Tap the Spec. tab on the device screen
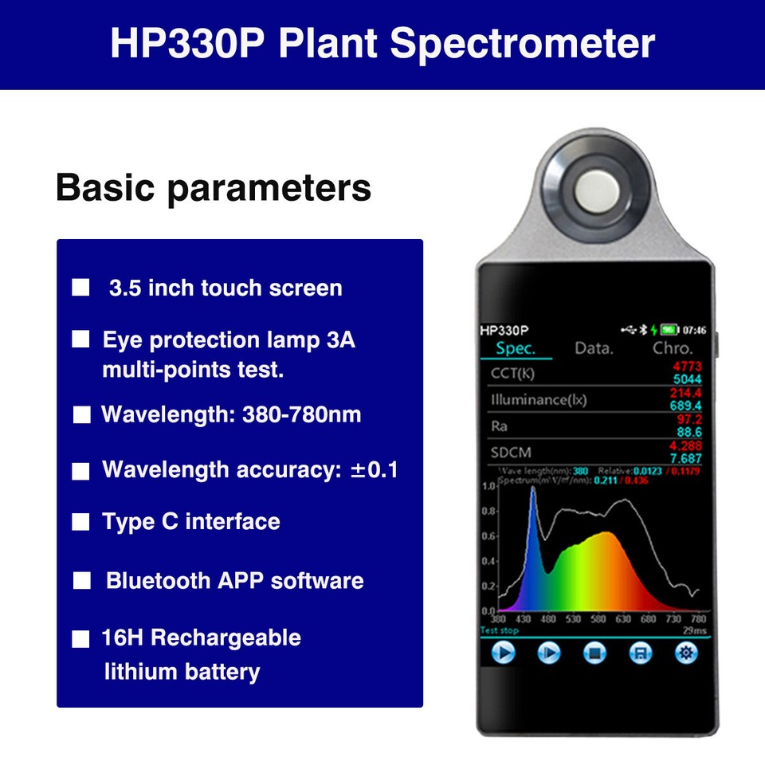[516, 348]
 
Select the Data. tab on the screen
[594, 348]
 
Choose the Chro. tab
[673, 348]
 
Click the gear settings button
[685, 653]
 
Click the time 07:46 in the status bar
[695, 329]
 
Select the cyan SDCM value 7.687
[686, 459]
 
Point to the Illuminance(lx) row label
[539, 399]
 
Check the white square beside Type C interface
[80, 523]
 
